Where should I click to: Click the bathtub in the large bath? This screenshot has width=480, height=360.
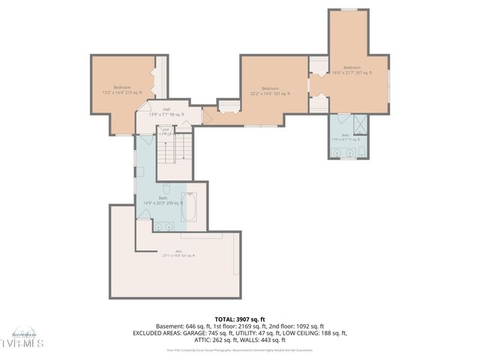[188, 206]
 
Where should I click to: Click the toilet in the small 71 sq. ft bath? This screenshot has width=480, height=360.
[361, 153]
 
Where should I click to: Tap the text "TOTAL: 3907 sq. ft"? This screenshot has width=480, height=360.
[239, 319]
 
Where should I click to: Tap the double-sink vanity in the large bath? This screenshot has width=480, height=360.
[164, 226]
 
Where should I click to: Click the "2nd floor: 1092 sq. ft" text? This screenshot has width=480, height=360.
[295, 326]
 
